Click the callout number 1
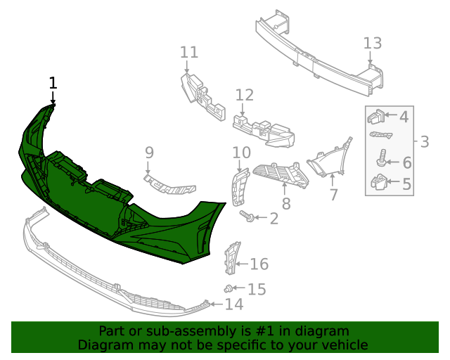[x=53, y=83]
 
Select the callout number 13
[x=373, y=43]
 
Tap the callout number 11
[x=189, y=52]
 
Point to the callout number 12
[x=244, y=95]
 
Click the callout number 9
[x=149, y=152]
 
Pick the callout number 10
[x=241, y=152]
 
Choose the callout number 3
[x=424, y=142]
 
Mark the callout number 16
[x=259, y=264]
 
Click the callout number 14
[x=234, y=304]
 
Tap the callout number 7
[x=333, y=193]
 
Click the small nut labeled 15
[x=229, y=288]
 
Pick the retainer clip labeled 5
[x=378, y=184]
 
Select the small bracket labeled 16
[x=230, y=258]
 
